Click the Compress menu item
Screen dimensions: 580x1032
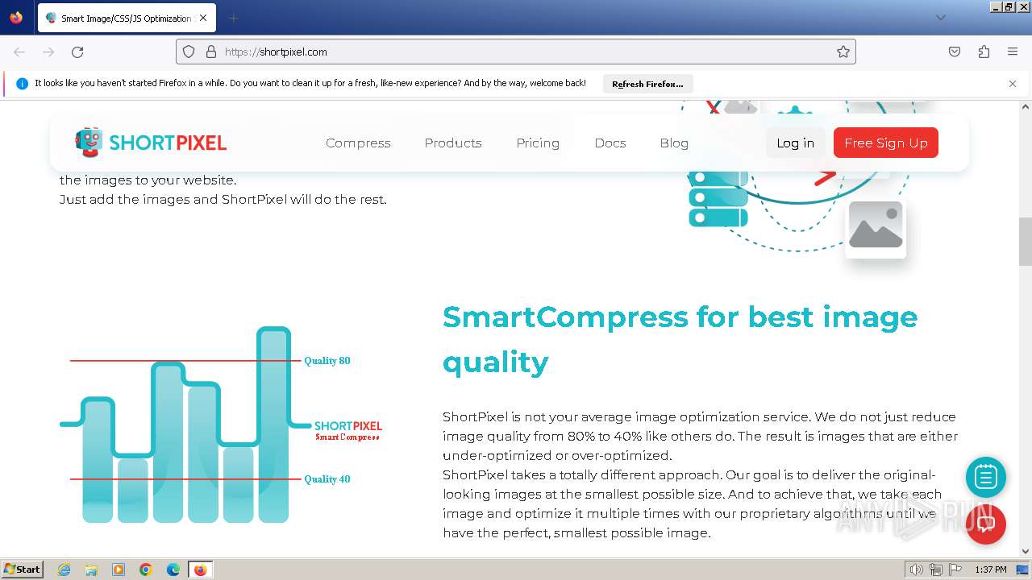358,143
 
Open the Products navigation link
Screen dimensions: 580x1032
453,143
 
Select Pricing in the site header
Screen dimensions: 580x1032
538,143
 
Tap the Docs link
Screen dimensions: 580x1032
610,143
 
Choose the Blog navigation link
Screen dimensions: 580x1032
674,143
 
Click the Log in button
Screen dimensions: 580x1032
795,143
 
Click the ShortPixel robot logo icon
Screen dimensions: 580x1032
89,142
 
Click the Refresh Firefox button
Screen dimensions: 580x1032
647,84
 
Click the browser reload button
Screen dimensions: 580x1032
77,52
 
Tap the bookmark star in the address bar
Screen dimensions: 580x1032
843,52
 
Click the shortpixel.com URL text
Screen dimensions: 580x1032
276,52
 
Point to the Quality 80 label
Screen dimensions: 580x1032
327,361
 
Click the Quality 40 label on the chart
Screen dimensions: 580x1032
327,479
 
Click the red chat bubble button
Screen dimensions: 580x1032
985,524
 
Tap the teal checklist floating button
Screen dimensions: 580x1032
985,478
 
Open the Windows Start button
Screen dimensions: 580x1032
23,570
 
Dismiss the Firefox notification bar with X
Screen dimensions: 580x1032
1013,84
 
